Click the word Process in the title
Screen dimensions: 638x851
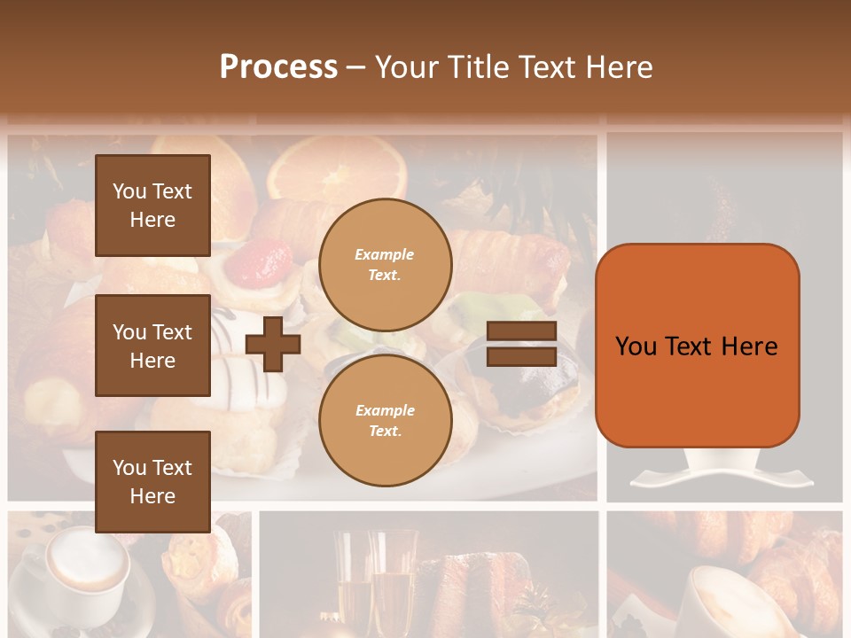click(x=278, y=67)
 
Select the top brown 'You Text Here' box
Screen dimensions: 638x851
click(x=152, y=206)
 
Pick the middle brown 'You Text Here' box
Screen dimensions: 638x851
click(x=152, y=346)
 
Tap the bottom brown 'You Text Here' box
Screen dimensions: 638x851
click(x=152, y=481)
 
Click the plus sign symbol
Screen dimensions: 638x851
click(x=273, y=344)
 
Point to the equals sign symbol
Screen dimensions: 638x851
click(x=522, y=344)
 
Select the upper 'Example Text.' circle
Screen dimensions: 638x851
click(x=386, y=265)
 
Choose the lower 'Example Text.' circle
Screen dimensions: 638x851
click(x=386, y=421)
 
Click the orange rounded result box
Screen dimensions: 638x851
click(x=697, y=346)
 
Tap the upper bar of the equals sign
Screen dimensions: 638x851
click(x=522, y=331)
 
